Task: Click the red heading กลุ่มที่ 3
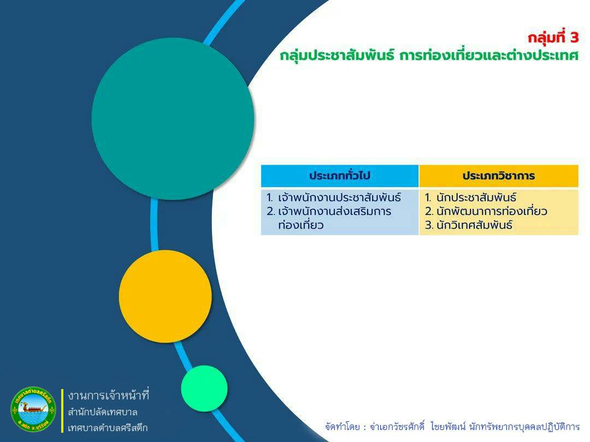click(x=553, y=38)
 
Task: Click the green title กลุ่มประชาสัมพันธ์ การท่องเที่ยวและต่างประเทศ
click(x=429, y=56)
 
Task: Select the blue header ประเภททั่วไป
click(x=340, y=176)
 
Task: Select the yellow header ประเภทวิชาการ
click(x=499, y=176)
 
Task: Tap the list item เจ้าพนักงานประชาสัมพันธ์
click(x=339, y=198)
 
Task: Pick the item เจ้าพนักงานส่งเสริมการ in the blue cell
click(x=334, y=211)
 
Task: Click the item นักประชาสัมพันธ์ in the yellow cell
click(x=476, y=198)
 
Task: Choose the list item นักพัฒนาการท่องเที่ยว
click(x=492, y=211)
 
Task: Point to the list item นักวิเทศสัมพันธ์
click(x=475, y=225)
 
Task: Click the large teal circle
click(x=173, y=119)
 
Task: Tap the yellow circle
click(x=165, y=296)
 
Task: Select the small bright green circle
click(x=204, y=389)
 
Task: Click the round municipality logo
click(x=33, y=409)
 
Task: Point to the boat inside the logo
click(x=34, y=408)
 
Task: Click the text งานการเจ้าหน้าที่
click(x=109, y=396)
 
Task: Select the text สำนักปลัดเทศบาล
click(x=103, y=412)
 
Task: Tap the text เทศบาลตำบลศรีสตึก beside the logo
click(x=108, y=428)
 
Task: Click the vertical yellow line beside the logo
click(x=62, y=410)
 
